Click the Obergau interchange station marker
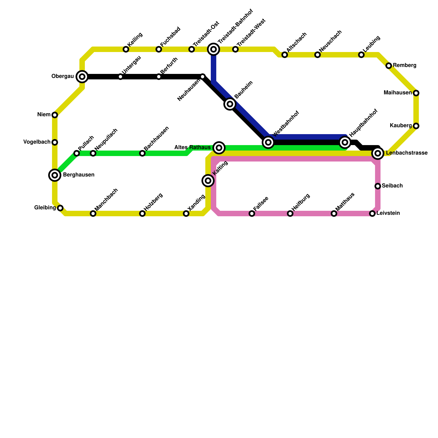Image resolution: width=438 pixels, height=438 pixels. point(82,77)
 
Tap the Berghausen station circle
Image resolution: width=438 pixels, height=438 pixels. point(55,175)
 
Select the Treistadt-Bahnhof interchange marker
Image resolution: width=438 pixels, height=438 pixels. point(214,49)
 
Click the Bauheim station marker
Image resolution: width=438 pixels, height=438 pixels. point(230,104)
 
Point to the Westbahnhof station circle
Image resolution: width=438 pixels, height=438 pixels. point(268,142)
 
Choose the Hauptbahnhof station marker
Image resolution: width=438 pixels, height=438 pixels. point(345,142)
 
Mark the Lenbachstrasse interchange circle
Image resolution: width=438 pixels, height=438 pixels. point(378,153)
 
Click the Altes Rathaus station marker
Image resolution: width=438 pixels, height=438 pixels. point(219,148)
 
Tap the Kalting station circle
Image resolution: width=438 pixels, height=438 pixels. point(208,181)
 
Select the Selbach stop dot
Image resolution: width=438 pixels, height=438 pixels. point(378,186)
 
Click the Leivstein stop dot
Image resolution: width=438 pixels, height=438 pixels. point(372,214)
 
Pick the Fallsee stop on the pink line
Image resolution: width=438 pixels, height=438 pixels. point(252,214)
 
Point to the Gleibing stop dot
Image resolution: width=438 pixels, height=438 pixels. point(60,208)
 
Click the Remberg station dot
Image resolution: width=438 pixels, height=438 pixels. point(389,66)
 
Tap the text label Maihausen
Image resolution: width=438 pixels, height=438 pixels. point(397,93)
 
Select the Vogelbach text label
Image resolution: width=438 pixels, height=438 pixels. point(37,142)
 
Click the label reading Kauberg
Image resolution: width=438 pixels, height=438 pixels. point(400,126)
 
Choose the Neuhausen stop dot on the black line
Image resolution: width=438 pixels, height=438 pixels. point(203,77)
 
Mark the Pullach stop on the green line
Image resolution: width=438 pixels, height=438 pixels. point(77,153)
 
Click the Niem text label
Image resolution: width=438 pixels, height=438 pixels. point(44,115)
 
